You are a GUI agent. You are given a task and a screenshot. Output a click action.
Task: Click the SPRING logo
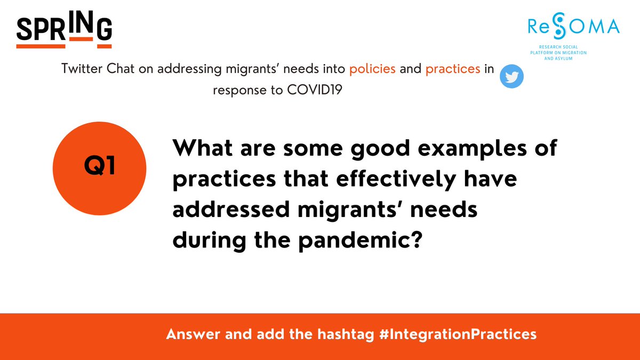point(64,30)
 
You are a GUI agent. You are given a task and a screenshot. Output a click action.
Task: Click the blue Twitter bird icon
point(511,77)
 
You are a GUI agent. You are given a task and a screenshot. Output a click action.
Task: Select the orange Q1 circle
point(100,167)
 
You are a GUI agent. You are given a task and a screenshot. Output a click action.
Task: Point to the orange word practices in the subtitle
point(454,69)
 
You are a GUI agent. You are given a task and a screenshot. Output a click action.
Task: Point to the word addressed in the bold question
point(227,210)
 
